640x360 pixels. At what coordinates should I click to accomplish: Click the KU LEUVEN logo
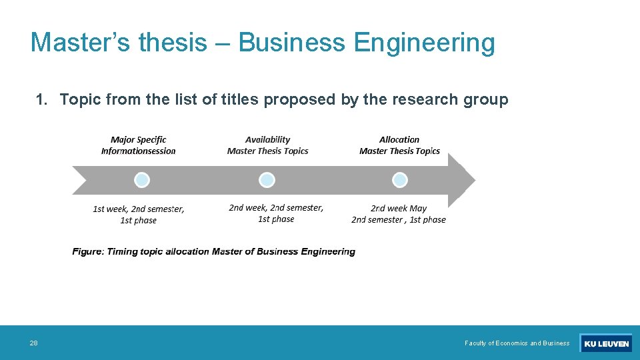[x=605, y=343]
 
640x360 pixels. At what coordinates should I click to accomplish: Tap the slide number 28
[x=33, y=343]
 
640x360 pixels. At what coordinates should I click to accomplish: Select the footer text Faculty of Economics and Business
[x=517, y=343]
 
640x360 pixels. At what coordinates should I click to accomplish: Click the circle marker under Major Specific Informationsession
[x=141, y=180]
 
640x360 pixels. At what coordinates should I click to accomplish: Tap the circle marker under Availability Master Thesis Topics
[x=267, y=180]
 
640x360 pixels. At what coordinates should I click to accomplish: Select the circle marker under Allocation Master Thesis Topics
[x=399, y=180]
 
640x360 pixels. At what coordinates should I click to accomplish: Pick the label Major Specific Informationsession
[x=139, y=145]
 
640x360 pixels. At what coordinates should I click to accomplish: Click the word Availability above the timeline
[x=267, y=139]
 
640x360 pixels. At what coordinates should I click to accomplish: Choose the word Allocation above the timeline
[x=399, y=139]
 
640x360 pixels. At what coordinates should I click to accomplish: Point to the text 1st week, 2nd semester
[x=139, y=209]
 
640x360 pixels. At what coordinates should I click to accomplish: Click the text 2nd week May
[x=399, y=208]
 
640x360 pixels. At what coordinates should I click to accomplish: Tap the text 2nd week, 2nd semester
[x=276, y=207]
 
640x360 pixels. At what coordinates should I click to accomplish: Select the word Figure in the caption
[x=87, y=251]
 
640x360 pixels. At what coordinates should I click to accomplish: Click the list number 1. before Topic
[x=42, y=100]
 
